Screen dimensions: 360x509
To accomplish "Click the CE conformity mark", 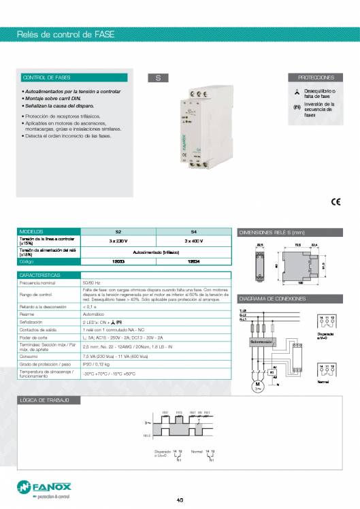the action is click(336, 201).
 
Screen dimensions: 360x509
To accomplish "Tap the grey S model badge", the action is click(158, 78).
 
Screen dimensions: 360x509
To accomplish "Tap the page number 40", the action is click(180, 502).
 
